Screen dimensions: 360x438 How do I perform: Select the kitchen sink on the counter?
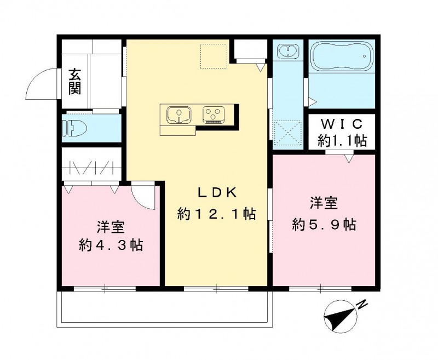(177, 115)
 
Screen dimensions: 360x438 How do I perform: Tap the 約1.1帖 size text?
(342, 140)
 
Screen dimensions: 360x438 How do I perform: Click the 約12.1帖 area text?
(217, 214)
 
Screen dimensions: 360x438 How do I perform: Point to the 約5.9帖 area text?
(324, 224)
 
